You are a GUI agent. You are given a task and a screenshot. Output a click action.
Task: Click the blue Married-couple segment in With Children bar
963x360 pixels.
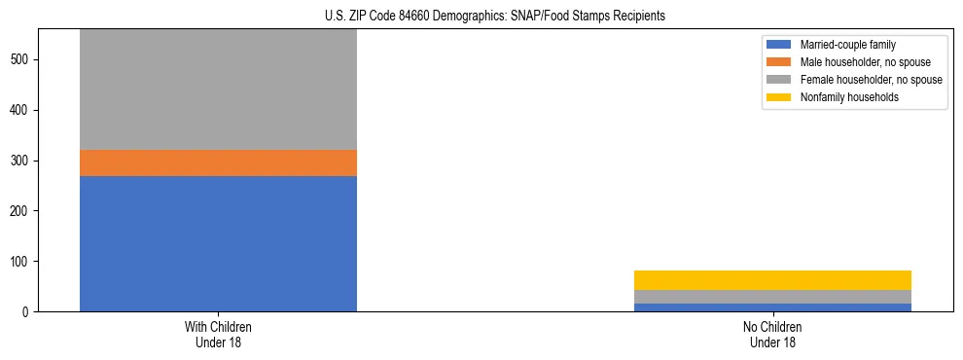click(x=218, y=243)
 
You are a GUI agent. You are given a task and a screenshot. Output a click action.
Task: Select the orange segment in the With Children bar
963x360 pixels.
click(x=218, y=162)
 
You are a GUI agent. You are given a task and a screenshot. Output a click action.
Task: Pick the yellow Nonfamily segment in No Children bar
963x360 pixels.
click(x=772, y=280)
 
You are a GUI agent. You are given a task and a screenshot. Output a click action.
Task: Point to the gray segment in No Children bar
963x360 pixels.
click(x=772, y=297)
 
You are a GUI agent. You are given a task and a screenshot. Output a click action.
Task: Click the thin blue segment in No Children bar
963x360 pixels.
click(x=772, y=307)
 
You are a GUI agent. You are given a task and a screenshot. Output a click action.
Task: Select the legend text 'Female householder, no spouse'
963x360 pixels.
click(x=871, y=80)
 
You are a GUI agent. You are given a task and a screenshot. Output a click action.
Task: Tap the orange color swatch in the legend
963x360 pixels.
click(x=780, y=62)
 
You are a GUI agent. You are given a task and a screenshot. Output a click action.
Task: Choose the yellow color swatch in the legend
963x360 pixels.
click(x=780, y=97)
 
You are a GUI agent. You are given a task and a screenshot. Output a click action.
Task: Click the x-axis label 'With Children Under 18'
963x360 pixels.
click(x=218, y=334)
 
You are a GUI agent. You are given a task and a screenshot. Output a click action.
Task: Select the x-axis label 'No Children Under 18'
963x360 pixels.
click(x=772, y=334)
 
